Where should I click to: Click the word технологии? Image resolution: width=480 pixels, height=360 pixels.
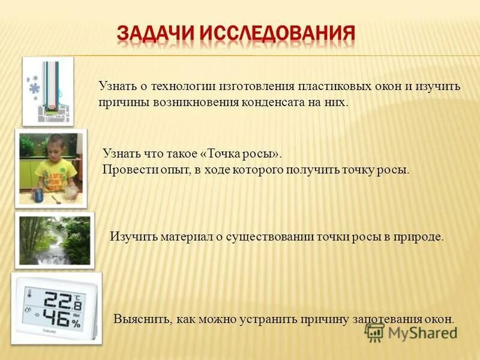click(x=183, y=86)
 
